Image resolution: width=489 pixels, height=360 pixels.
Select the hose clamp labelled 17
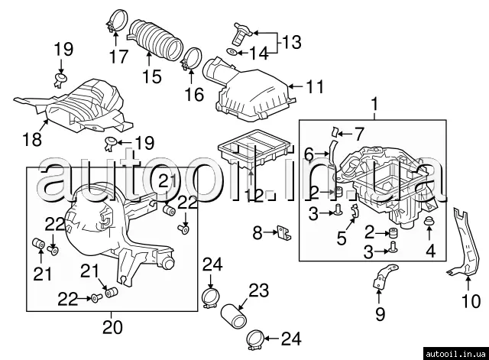coord(116,20)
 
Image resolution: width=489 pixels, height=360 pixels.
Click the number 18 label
coord(31,139)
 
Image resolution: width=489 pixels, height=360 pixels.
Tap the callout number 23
coord(258,290)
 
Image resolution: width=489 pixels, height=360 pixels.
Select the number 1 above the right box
coord(374,102)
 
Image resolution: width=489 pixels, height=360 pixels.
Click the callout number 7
coord(359,134)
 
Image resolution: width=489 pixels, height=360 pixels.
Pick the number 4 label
coord(429,250)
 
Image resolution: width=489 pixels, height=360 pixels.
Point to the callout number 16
coord(194,95)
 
